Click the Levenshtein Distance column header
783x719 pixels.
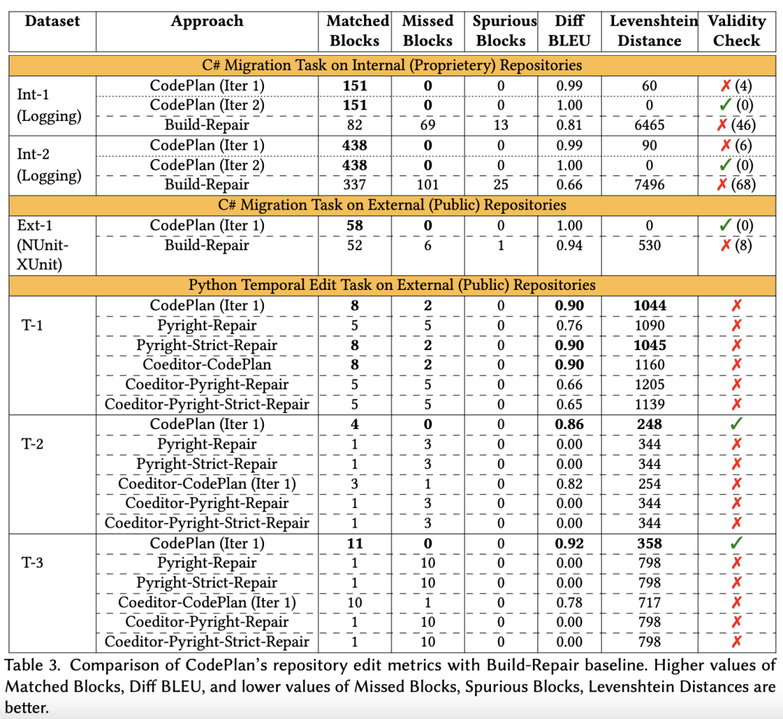click(x=649, y=30)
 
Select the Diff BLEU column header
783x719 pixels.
click(x=569, y=30)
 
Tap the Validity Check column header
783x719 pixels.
click(x=736, y=30)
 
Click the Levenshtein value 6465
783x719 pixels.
click(x=649, y=125)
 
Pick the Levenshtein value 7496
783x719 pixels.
click(x=649, y=184)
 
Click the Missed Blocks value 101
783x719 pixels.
click(x=427, y=184)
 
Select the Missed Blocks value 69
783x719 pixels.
click(x=427, y=125)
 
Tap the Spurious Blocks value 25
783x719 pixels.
click(x=500, y=184)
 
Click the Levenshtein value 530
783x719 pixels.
click(x=649, y=245)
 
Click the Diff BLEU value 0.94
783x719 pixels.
click(x=569, y=245)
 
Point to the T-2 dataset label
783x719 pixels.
click(x=32, y=444)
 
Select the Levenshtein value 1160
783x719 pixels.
click(x=649, y=365)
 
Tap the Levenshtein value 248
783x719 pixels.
click(x=649, y=424)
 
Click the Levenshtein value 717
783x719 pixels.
click(x=649, y=602)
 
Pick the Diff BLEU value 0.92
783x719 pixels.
click(x=569, y=543)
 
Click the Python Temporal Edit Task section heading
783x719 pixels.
click(x=392, y=284)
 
